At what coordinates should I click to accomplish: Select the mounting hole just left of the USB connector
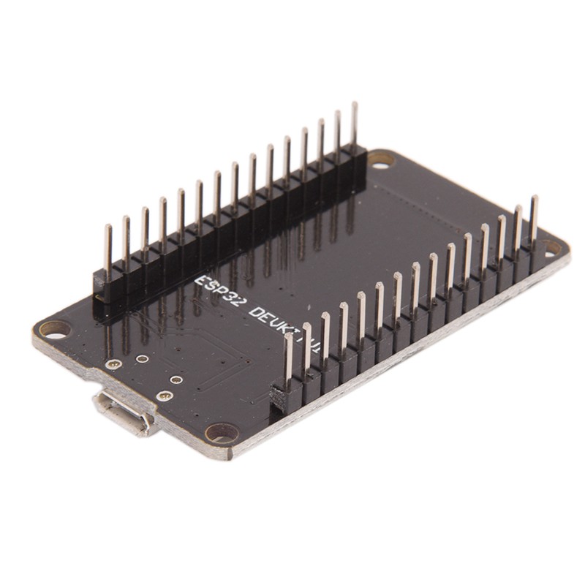[x=54, y=328]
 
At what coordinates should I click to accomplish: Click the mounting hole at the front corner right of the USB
[x=222, y=433]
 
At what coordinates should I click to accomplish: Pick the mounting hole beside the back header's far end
[x=380, y=160]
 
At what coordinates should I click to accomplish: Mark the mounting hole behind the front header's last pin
[x=552, y=248]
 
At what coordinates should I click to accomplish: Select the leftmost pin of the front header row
[x=289, y=358]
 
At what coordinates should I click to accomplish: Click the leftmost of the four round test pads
[x=113, y=363]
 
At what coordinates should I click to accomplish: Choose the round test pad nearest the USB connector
[x=165, y=396]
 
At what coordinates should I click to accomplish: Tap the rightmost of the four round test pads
[x=176, y=380]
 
